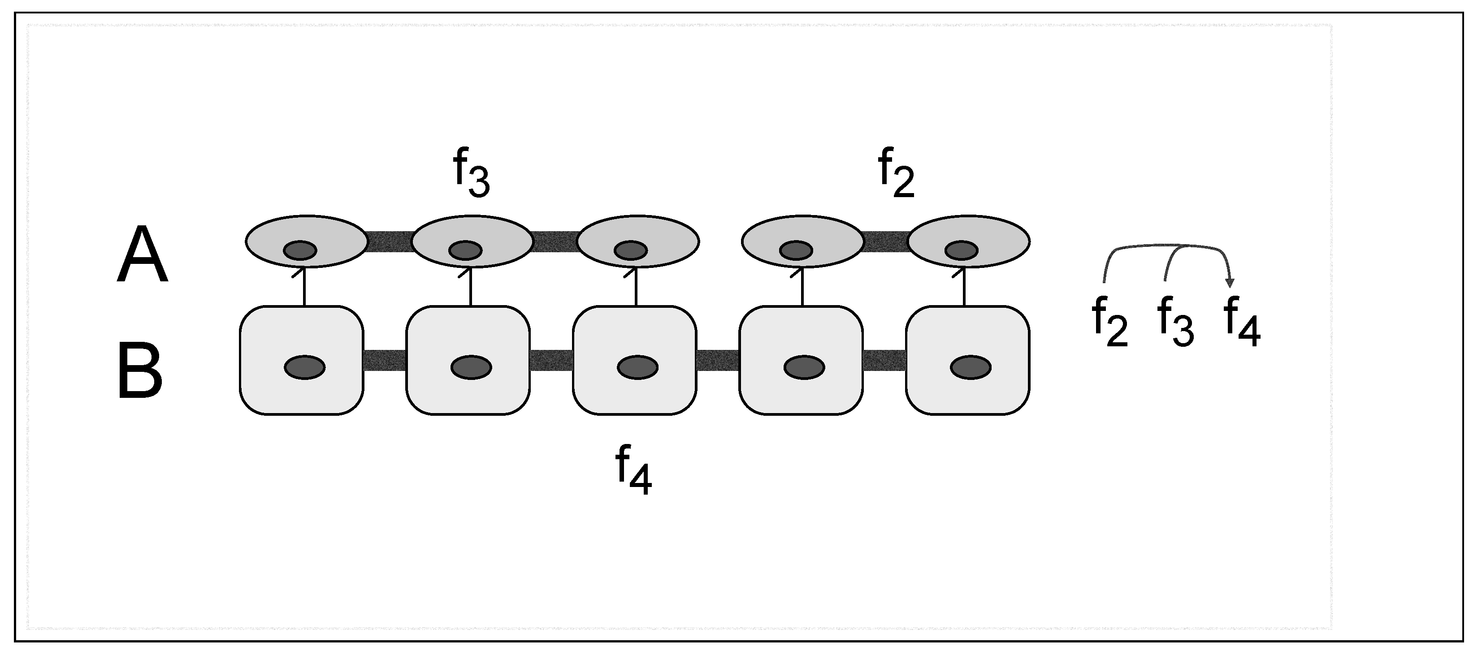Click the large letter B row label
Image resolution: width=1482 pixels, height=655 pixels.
tap(140, 371)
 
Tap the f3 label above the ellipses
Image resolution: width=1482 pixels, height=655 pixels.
tap(471, 172)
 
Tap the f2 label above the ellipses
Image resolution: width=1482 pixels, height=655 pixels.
tap(896, 172)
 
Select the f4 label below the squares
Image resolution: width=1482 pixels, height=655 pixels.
tap(633, 470)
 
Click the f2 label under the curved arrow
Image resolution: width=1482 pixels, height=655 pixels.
tap(1109, 322)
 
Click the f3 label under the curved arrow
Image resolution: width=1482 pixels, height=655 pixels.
tap(1175, 322)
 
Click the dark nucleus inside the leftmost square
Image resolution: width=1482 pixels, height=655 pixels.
tap(304, 367)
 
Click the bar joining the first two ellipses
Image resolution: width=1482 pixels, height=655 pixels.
tap(390, 241)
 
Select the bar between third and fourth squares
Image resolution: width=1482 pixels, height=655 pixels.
tap(717, 360)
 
